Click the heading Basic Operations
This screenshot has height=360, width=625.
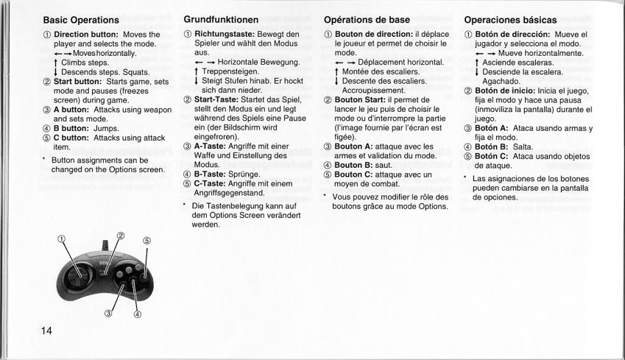[81, 19]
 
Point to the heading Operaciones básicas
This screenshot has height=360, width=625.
[511, 19]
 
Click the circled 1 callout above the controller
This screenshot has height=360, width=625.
[62, 238]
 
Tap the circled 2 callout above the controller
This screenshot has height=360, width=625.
[120, 236]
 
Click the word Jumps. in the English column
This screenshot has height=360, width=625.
[107, 127]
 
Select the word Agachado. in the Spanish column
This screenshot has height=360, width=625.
[502, 82]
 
